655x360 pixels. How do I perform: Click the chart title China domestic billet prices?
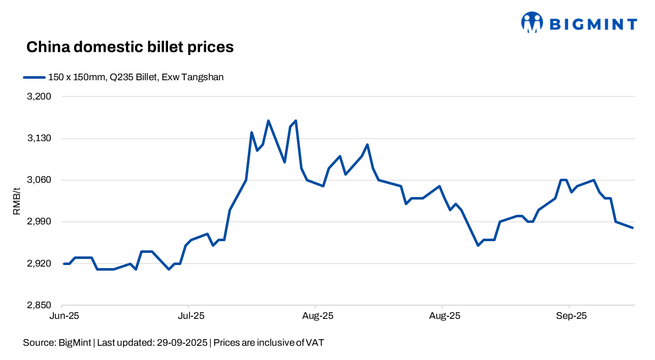click(129, 47)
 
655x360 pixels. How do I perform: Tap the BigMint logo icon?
click(532, 22)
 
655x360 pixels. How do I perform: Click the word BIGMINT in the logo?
click(594, 24)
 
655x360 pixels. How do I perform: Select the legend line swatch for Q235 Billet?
click(34, 78)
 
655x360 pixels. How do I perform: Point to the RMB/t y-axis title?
click(17, 201)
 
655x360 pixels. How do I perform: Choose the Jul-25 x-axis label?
click(191, 316)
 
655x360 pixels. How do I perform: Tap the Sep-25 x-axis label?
click(572, 316)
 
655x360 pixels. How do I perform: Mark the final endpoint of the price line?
click(633, 228)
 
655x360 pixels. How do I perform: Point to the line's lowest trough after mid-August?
click(478, 245)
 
